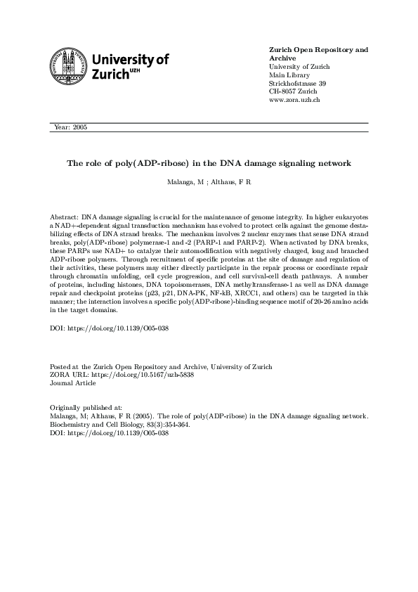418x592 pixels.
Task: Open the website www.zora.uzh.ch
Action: tap(295, 101)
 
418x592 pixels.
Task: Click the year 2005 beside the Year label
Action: tap(79, 127)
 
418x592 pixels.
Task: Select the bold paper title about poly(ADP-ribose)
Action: tap(209, 163)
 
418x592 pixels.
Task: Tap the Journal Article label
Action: tap(74, 383)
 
